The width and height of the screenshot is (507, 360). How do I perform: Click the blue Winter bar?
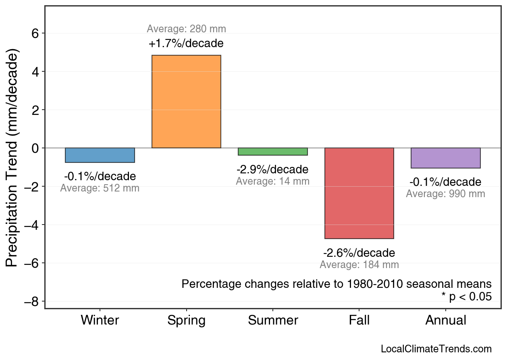coord(100,155)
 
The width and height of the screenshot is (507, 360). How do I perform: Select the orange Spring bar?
coord(186,102)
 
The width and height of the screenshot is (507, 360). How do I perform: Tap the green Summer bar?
coord(273,152)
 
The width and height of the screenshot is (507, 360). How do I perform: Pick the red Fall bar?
coord(359,193)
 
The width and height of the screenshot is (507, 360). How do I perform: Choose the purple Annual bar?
coord(446,158)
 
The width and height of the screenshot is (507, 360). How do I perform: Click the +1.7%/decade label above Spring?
coord(186,43)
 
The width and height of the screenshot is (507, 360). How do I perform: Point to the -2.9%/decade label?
coord(273,169)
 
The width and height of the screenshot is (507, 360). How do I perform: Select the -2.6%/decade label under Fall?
coord(359,253)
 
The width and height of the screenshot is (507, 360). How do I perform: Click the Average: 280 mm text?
coord(186,29)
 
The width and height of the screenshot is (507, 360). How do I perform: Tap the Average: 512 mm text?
coord(100,188)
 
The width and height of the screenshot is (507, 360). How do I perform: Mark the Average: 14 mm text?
coord(273,181)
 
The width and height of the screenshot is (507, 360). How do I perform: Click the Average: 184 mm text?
coord(359,265)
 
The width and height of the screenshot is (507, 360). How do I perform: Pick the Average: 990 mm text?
coord(445,194)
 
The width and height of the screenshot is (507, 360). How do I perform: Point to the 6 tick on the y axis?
coord(35,33)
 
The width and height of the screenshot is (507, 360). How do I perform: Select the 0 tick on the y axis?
coord(35,148)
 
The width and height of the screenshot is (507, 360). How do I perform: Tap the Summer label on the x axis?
coord(273,320)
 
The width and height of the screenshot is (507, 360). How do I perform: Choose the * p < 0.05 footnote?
coord(466,297)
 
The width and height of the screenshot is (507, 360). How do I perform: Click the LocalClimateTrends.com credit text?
coord(436,349)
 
